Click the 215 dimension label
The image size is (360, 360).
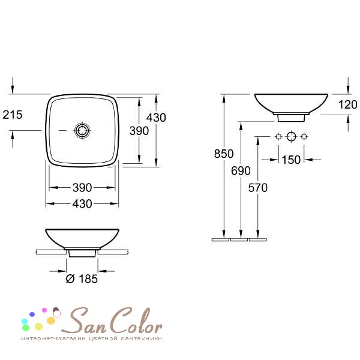point(13,115)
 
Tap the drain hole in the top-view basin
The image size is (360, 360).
point(82,130)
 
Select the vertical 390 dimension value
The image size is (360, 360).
point(139,131)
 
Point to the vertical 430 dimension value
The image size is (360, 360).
point(156,118)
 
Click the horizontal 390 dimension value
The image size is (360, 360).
point(82,188)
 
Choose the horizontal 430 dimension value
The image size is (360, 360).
point(82,203)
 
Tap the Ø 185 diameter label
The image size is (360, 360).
point(82,279)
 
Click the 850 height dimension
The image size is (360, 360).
point(224,154)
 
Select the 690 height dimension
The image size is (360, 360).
point(241,170)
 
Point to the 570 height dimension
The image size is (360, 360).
point(258,188)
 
